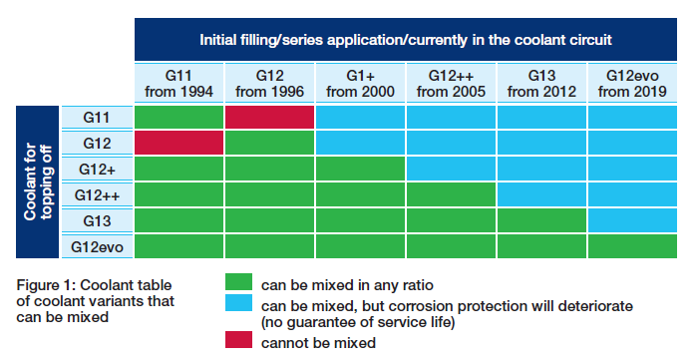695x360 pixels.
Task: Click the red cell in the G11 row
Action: [269, 118]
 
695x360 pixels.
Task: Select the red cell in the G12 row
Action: [178, 143]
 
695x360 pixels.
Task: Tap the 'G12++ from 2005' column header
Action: [451, 84]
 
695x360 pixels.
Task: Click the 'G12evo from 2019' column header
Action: [632, 84]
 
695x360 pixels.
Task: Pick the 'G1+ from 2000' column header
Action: [360, 84]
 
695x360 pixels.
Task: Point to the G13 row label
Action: [97, 220]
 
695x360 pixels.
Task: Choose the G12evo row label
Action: [97, 246]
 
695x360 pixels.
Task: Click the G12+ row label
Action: [97, 169]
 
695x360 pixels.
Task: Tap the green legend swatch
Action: [238, 282]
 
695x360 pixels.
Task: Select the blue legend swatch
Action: [238, 303]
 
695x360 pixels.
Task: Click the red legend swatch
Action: [238, 340]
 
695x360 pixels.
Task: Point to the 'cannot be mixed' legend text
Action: [318, 343]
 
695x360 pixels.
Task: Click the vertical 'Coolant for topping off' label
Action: [38, 181]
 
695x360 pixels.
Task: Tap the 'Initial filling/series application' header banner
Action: [406, 40]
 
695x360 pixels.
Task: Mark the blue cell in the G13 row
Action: [632, 220]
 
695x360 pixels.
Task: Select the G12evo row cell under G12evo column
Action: [632, 246]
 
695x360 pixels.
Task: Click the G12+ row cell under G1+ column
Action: [360, 169]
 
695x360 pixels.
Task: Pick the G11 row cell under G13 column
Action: [541, 118]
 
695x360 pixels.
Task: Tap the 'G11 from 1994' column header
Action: [178, 84]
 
